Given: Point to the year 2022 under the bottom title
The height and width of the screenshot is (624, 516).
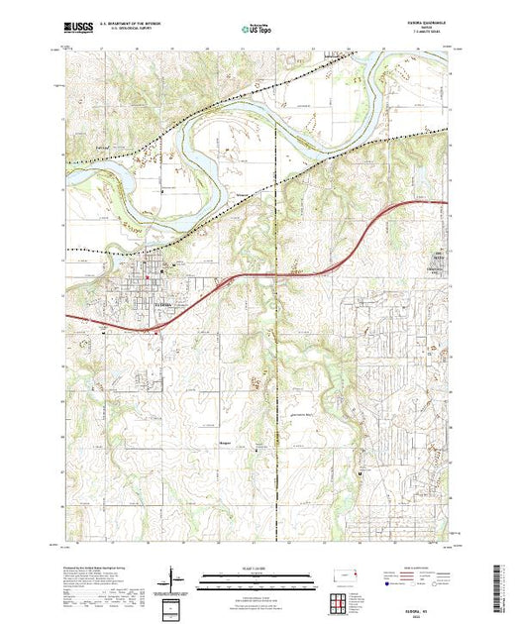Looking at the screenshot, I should pos(341,617).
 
